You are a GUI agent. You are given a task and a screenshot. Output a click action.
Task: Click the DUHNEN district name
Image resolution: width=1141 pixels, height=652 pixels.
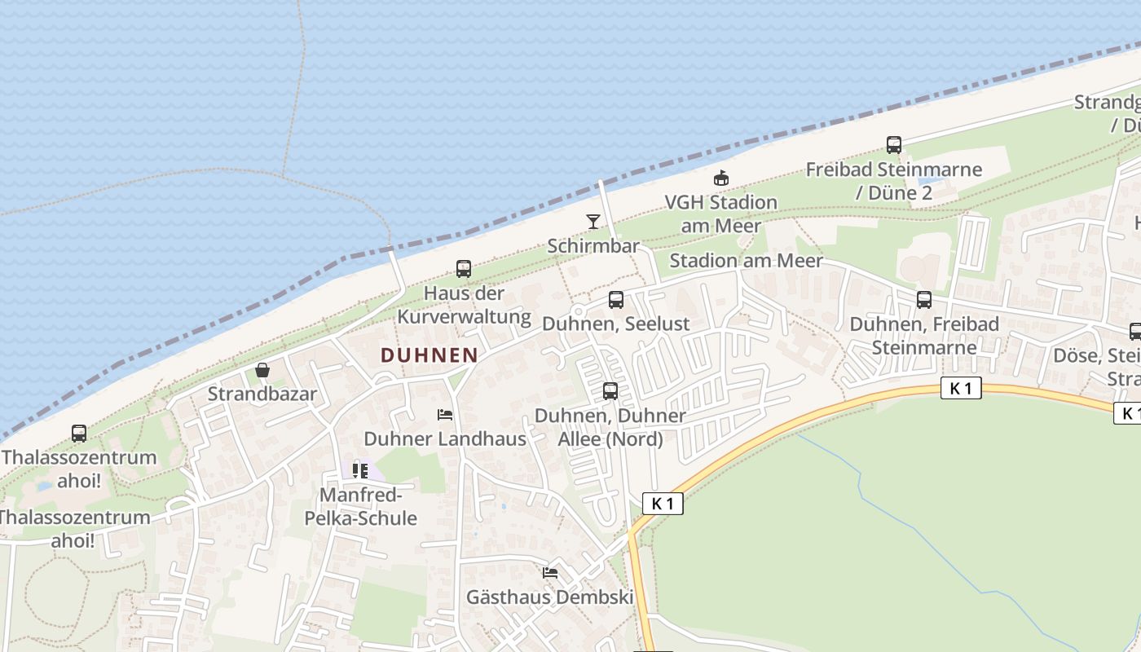pyautogui.click(x=429, y=355)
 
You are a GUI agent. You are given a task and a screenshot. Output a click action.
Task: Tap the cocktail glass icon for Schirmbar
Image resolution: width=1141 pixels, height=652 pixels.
pyautogui.click(x=593, y=221)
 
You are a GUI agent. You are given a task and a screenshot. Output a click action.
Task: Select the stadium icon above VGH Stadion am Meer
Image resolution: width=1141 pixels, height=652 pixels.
pyautogui.click(x=720, y=178)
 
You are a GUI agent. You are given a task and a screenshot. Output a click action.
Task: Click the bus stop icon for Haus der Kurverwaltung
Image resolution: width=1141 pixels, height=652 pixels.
pyautogui.click(x=464, y=268)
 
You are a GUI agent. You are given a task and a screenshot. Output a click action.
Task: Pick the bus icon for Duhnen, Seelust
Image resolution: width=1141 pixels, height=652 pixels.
pyautogui.click(x=616, y=299)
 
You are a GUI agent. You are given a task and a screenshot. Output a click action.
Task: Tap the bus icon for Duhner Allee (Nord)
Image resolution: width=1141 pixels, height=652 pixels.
pyautogui.click(x=610, y=391)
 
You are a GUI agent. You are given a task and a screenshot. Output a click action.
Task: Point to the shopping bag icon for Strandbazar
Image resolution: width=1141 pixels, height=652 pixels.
pyautogui.click(x=262, y=370)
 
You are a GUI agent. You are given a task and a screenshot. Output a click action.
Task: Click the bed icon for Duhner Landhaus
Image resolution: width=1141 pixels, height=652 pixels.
pyautogui.click(x=445, y=415)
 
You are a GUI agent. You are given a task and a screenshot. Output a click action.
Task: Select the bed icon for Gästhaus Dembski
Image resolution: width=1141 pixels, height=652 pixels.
pyautogui.click(x=550, y=573)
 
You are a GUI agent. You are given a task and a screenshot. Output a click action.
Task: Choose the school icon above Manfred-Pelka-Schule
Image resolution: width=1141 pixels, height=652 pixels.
pyautogui.click(x=359, y=470)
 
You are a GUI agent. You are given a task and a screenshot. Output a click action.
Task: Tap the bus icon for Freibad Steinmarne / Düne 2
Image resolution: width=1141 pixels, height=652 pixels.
pyautogui.click(x=894, y=145)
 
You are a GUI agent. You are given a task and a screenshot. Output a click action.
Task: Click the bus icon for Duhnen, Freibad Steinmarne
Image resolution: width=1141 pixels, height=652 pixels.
pyautogui.click(x=924, y=299)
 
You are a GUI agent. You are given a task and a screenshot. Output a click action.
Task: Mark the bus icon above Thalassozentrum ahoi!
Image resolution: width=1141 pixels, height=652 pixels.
pyautogui.click(x=79, y=433)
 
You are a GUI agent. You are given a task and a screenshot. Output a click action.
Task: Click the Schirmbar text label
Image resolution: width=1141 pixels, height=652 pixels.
pyautogui.click(x=593, y=245)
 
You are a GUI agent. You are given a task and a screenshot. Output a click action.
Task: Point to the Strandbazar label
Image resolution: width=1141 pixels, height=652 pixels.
pyautogui.click(x=262, y=394)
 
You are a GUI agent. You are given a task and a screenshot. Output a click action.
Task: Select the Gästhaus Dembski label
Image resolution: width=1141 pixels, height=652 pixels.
pyautogui.click(x=550, y=597)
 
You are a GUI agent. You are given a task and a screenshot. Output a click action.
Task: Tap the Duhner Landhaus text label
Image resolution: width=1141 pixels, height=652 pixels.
pyautogui.click(x=445, y=438)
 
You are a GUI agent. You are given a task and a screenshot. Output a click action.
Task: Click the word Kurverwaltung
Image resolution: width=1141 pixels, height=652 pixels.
pyautogui.click(x=464, y=316)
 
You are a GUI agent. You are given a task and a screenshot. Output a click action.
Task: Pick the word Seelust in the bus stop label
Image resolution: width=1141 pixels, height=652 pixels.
pyautogui.click(x=657, y=324)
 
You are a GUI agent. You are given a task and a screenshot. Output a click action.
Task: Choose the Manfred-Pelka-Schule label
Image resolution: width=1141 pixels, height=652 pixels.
pyautogui.click(x=359, y=506)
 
